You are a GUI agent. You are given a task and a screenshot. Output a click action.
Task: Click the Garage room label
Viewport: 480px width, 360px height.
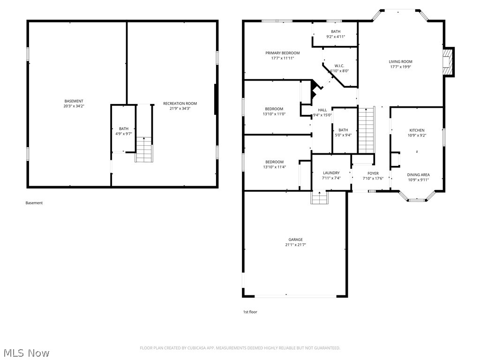pyautogui.click(x=295, y=240)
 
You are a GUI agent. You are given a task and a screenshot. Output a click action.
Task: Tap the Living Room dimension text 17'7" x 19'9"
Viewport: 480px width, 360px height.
pyautogui.click(x=400, y=67)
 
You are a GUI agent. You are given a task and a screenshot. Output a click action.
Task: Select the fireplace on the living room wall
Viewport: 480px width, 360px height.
pyautogui.click(x=449, y=62)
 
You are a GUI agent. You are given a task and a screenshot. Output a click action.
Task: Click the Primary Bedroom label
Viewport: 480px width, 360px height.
pyautogui.click(x=282, y=53)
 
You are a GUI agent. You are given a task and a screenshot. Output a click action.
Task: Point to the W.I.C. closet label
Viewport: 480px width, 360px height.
pyautogui.click(x=339, y=66)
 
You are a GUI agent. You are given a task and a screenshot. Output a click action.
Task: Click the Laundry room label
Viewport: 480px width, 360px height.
pyautogui.click(x=331, y=173)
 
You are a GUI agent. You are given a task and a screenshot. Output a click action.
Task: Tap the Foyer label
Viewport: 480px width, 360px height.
pyautogui.click(x=373, y=173)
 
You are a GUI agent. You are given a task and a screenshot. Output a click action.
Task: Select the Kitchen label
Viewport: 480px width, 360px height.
pyautogui.click(x=417, y=130)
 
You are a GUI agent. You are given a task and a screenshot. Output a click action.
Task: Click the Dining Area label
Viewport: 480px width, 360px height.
pyautogui.click(x=418, y=175)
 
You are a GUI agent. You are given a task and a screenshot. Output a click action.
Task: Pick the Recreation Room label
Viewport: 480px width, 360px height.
pyautogui.click(x=180, y=103)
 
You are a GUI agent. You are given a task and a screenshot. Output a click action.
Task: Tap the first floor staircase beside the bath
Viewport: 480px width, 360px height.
pyautogui.click(x=367, y=130)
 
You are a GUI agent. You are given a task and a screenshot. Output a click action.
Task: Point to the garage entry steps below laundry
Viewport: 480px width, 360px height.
pyautogui.click(x=319, y=198)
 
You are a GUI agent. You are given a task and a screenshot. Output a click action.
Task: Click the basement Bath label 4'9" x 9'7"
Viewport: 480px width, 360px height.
pyautogui.click(x=123, y=128)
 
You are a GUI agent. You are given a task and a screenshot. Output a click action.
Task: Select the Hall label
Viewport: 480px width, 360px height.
pyautogui.click(x=322, y=110)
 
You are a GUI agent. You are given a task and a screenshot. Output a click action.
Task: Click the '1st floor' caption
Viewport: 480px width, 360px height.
pyautogui.click(x=250, y=312)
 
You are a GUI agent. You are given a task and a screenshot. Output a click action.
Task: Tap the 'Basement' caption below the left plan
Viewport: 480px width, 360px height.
pyautogui.click(x=34, y=203)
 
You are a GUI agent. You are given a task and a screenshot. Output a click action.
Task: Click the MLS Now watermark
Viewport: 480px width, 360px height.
pyautogui.click(x=26, y=352)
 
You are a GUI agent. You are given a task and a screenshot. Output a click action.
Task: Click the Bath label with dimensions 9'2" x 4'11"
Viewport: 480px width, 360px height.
pyautogui.click(x=336, y=31)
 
